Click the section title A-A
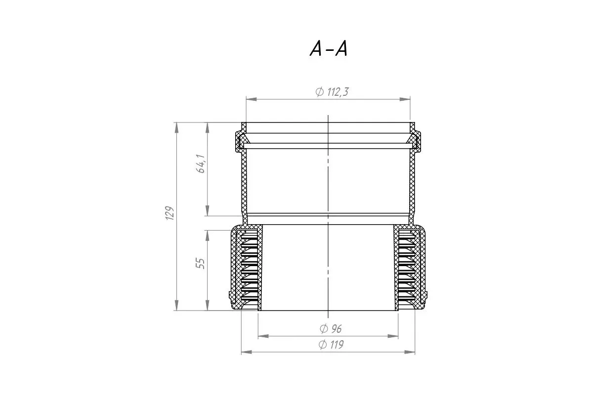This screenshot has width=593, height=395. coord(328,49)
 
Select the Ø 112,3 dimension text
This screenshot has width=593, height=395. coord(332,92)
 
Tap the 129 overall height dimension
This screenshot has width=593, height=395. coord(169,213)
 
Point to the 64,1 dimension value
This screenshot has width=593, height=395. coord(201,163)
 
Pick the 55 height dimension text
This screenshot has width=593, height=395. coord(201,263)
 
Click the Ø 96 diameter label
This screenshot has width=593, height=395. coord(331,329)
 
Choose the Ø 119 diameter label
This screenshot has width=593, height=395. coord(331,345)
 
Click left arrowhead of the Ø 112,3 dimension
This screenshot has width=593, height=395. coord(252,99)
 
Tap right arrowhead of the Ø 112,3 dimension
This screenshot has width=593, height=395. coord(405,99)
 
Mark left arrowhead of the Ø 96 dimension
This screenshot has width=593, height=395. coord(263,336)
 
